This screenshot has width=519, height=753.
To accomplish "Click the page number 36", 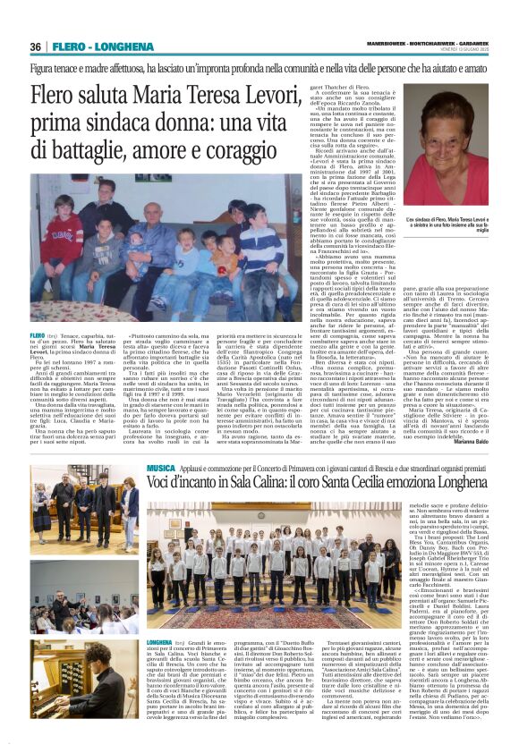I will (36, 47).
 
